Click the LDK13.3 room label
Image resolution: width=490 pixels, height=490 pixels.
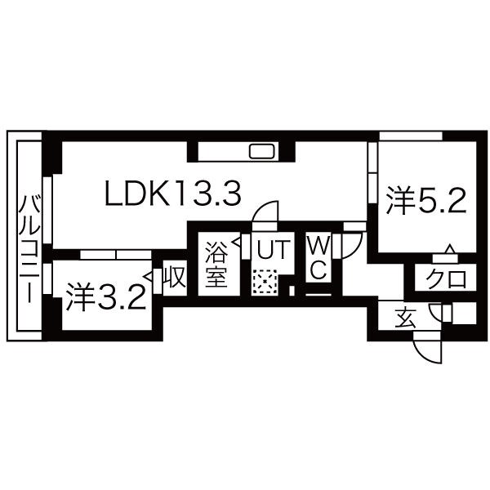[x=173, y=194]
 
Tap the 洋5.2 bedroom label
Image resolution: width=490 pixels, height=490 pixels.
[x=426, y=200]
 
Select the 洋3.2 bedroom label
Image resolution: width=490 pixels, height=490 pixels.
[x=105, y=297]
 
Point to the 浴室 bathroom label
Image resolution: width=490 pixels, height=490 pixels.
[x=216, y=265]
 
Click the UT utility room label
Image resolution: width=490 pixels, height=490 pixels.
[x=272, y=249]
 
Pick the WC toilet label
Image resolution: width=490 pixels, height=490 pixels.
[x=318, y=257]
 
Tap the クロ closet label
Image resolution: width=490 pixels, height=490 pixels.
[x=447, y=278]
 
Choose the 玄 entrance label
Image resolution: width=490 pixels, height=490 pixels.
[x=405, y=318]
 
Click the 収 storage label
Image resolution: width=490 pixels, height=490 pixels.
[x=176, y=278]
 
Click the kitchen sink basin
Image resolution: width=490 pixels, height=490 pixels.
[x=262, y=152]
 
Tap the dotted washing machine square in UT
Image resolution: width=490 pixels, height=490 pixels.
[x=265, y=282]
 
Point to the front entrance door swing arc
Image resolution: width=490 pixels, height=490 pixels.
[x=427, y=351]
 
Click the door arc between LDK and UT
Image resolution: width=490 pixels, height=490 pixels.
[x=265, y=212]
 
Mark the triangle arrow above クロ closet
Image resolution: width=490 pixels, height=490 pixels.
[x=450, y=249]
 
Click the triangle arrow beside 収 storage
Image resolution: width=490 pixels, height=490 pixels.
[x=149, y=277]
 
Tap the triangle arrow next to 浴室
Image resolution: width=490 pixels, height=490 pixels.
[x=236, y=243]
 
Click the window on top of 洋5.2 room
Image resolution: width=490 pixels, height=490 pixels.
[x=411, y=136]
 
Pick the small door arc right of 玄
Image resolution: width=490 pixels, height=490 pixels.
[x=435, y=312]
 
